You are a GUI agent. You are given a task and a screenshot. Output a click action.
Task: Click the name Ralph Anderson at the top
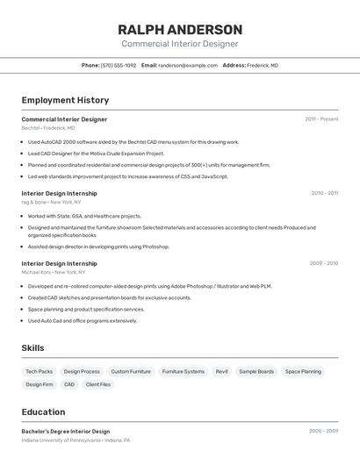(x=179, y=29)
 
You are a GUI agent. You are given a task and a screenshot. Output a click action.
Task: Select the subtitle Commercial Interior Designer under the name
(x=179, y=44)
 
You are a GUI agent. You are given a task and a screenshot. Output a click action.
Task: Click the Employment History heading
(x=65, y=100)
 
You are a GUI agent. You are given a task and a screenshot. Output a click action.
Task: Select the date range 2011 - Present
(x=321, y=118)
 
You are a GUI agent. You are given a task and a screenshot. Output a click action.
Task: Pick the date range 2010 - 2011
(x=324, y=193)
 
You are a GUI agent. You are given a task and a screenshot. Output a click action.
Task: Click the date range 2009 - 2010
(x=324, y=263)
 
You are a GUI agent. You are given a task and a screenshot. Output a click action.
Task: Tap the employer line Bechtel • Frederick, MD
(x=48, y=128)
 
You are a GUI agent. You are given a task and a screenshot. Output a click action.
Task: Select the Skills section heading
(x=32, y=348)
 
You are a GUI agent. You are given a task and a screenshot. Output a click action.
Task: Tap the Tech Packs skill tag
(x=39, y=371)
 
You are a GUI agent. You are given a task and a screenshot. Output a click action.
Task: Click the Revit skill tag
(x=221, y=371)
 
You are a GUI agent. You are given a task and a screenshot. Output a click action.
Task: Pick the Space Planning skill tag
(x=303, y=371)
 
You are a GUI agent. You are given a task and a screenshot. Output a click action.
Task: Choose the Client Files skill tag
(x=98, y=384)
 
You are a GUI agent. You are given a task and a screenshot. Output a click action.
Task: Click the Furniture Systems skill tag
(x=183, y=371)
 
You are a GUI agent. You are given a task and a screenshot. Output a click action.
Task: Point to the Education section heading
(x=43, y=411)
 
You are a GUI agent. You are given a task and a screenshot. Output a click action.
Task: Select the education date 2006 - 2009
(x=323, y=431)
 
